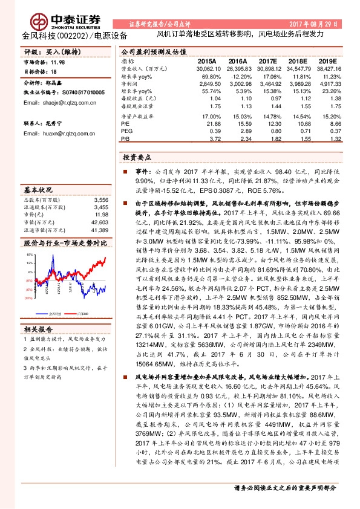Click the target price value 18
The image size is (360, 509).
click(53, 71)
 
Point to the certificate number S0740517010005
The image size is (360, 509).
click(79, 92)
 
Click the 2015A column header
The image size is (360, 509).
click(207, 62)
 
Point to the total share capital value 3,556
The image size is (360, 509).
click(101, 199)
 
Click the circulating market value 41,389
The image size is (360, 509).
click(100, 230)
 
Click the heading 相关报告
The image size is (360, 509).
click(38, 329)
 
